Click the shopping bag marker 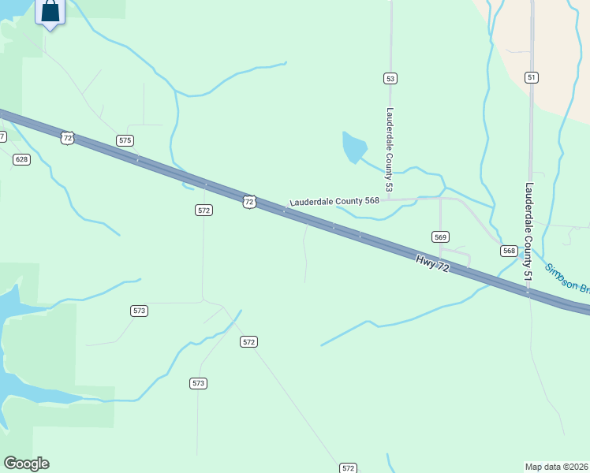[50, 13]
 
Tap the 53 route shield [390, 78]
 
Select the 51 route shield [532, 76]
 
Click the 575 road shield [125, 140]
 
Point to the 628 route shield [21, 159]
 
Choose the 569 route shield [440, 236]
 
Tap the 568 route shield [509, 251]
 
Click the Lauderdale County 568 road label [334, 201]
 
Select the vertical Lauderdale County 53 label [389, 150]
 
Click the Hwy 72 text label [432, 263]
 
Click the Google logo [26, 464]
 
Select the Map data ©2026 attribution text [557, 466]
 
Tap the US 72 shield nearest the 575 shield [67, 138]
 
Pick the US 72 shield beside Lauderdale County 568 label [249, 202]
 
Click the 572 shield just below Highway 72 [204, 210]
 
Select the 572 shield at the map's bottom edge [348, 467]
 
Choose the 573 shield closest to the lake [139, 311]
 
